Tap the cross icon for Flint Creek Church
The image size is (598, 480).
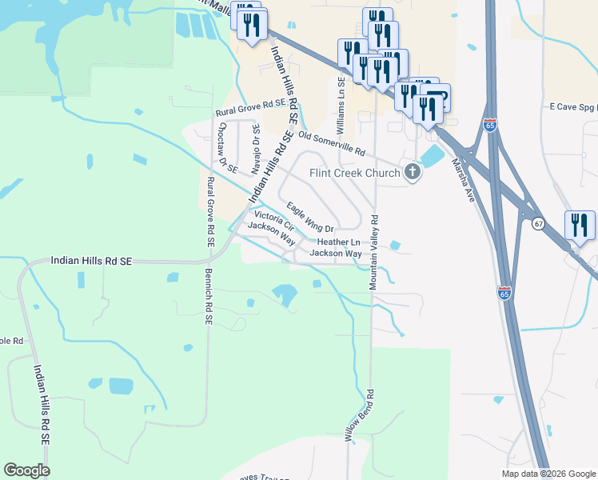click(x=413, y=172)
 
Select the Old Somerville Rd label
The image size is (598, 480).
click(x=332, y=144)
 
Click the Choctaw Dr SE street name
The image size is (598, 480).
click(x=227, y=148)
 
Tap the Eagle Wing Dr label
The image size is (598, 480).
click(x=309, y=218)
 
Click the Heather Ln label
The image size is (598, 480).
click(x=338, y=242)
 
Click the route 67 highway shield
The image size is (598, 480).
click(x=538, y=224)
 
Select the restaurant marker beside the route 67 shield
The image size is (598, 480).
click(x=580, y=226)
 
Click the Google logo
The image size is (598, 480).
click(x=26, y=470)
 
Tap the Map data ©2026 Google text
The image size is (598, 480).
click(x=548, y=474)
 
